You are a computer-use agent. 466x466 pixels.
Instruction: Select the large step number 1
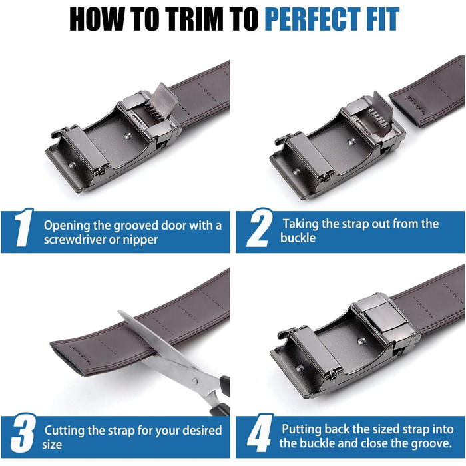pyautogui.click(x=24, y=228)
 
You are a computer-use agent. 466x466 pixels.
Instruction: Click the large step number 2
pyautogui.click(x=259, y=228)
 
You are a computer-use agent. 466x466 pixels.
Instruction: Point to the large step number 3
pyautogui.click(x=23, y=433)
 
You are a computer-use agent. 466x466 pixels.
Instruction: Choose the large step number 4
pyautogui.click(x=260, y=433)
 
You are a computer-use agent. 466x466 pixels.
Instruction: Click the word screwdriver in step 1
pyautogui.click(x=75, y=240)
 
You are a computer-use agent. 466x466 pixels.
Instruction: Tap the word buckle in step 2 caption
pyautogui.click(x=298, y=238)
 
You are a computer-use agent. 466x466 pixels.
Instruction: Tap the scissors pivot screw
pyautogui.click(x=194, y=381)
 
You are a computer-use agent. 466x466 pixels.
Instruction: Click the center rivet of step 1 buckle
pyautogui.click(x=128, y=136)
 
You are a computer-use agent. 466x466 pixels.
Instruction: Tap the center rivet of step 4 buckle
pyautogui.click(x=361, y=341)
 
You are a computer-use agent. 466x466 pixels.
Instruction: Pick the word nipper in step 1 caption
pyautogui.click(x=140, y=240)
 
